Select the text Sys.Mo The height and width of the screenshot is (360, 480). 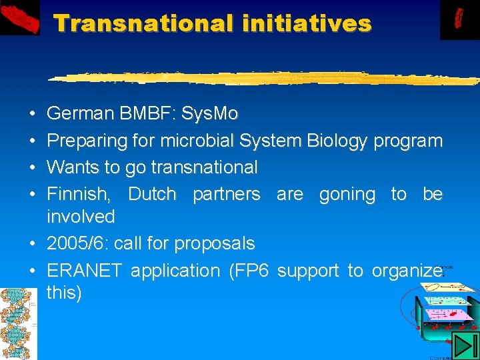click(x=209, y=114)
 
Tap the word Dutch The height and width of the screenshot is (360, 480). click(x=152, y=194)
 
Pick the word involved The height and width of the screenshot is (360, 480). click(x=81, y=217)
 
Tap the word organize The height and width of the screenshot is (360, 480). click(x=407, y=271)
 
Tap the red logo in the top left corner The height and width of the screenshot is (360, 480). click(x=20, y=18)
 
